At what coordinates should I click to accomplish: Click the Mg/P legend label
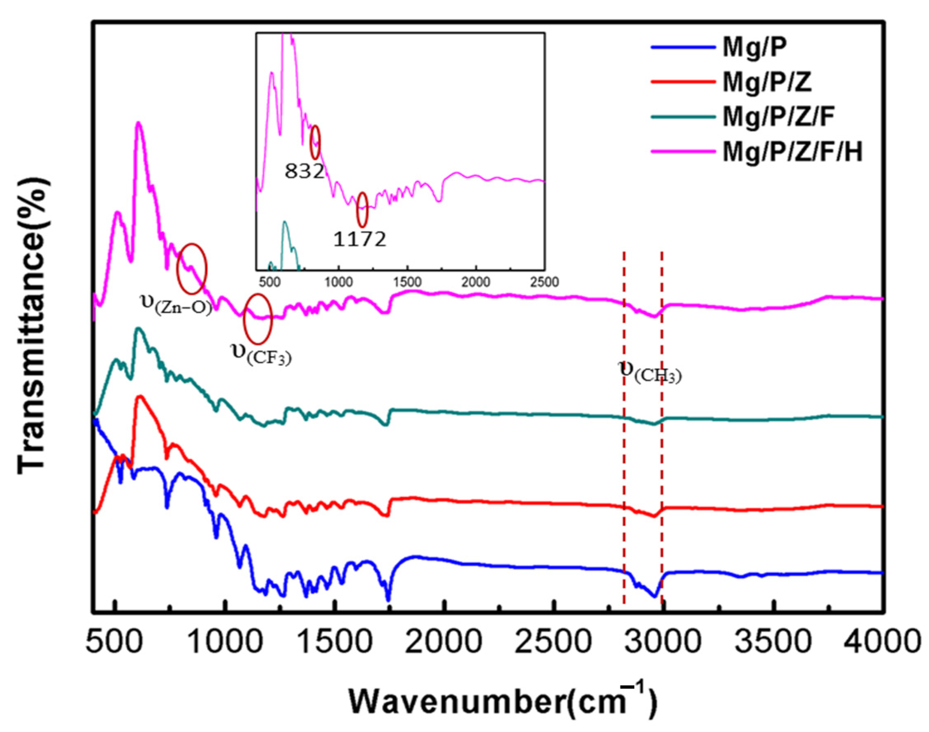[x=755, y=48]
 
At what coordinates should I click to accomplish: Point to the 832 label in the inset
[x=304, y=172]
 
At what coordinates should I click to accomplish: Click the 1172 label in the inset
[x=360, y=240]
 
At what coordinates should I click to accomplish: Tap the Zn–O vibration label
[x=176, y=304]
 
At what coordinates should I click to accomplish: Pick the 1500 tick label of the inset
[x=407, y=282]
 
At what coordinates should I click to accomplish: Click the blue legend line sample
[x=683, y=48]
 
